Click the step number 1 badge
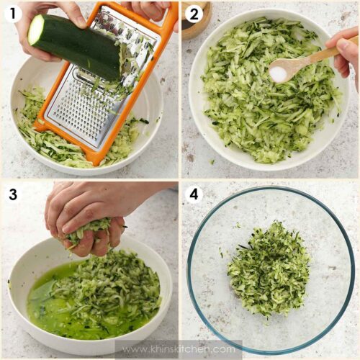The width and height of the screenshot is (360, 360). point(13,13)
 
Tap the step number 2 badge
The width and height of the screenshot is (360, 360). point(194,13)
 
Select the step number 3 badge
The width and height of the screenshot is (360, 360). point(13,194)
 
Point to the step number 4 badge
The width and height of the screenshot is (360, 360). point(194,194)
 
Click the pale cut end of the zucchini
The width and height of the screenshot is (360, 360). point(36,30)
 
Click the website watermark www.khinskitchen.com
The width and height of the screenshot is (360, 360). point(179,348)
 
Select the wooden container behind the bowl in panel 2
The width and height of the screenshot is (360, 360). point(197,20)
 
